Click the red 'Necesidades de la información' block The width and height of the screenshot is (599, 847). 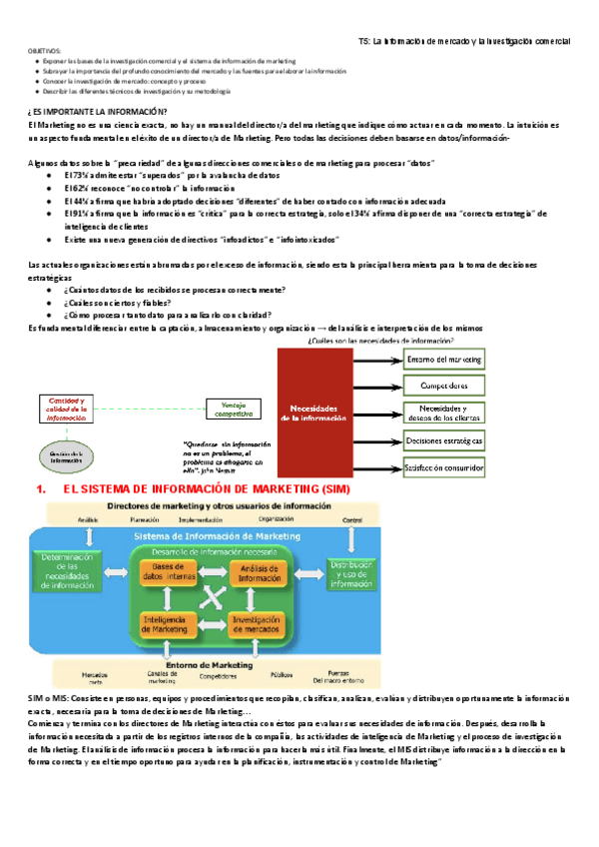tap(318, 413)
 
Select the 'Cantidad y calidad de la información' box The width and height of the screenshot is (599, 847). tap(67, 410)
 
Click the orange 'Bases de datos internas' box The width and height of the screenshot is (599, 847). tap(168, 573)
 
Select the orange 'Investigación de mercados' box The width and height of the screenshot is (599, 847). tap(259, 624)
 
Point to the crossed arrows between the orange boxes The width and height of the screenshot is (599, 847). tap(213, 598)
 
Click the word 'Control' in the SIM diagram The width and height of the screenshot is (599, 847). tap(352, 520)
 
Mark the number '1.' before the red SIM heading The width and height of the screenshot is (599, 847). tap(41, 490)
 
